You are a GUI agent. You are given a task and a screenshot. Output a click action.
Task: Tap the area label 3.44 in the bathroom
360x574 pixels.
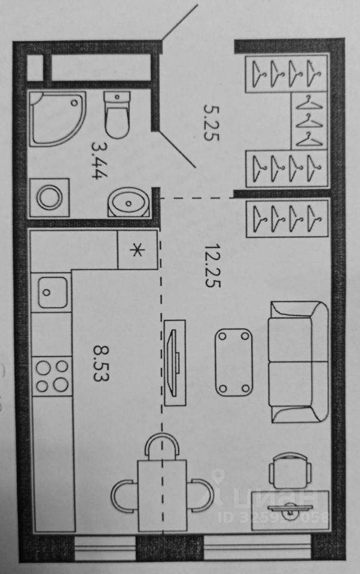click(99, 156)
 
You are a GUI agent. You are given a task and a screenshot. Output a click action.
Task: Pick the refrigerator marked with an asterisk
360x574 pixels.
click(137, 250)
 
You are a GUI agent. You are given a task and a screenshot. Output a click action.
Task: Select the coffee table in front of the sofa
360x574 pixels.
click(233, 362)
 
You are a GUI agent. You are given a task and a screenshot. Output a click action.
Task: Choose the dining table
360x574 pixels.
click(162, 494)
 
